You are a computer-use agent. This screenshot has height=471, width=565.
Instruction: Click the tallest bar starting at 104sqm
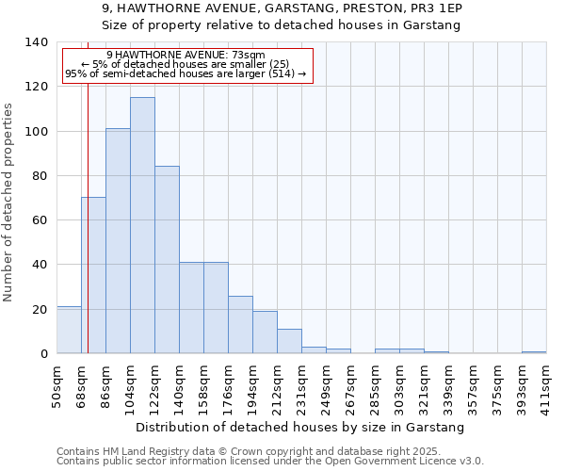point(142,225)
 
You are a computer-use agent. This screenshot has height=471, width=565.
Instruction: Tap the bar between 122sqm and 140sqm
point(167,260)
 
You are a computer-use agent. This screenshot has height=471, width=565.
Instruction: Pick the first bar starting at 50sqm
point(69,330)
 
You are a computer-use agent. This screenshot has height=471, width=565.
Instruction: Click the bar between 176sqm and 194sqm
point(240,325)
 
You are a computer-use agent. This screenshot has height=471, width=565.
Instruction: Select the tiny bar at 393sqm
point(534,352)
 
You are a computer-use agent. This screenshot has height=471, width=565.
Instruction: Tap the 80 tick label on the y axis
point(40,176)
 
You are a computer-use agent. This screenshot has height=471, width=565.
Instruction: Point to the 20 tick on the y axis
point(40,310)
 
